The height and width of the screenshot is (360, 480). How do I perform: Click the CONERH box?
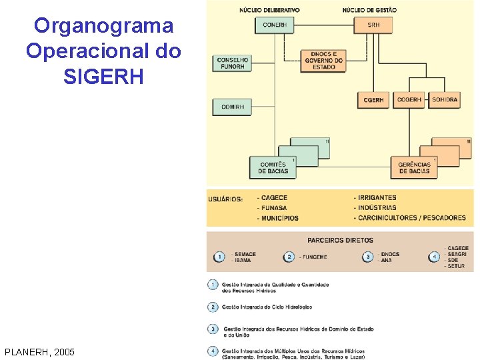pyautogui.click(x=274, y=25)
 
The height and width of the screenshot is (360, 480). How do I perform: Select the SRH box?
pyautogui.click(x=373, y=25)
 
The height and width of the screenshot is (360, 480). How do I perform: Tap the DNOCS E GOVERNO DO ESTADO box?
pyautogui.click(x=324, y=61)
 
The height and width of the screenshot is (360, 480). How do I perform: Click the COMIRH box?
pyautogui.click(x=232, y=107)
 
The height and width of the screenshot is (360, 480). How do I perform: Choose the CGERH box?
pyautogui.click(x=374, y=100)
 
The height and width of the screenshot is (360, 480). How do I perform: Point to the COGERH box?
pyautogui.click(x=409, y=100)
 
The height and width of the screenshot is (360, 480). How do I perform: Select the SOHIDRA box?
pyautogui.click(x=445, y=100)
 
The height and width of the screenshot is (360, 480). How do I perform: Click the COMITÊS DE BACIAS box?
pyautogui.click(x=274, y=167)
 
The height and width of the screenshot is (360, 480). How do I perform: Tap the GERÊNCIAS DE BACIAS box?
pyautogui.click(x=414, y=167)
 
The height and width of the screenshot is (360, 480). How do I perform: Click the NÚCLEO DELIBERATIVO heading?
pyautogui.click(x=269, y=10)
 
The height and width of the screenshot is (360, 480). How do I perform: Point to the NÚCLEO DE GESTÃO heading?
pyautogui.click(x=369, y=10)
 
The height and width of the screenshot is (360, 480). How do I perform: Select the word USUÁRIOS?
pyautogui.click(x=225, y=199)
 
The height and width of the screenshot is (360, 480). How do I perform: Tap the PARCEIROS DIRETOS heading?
pyautogui.click(x=340, y=240)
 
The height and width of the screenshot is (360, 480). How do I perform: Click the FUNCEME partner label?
pyautogui.click(x=313, y=257)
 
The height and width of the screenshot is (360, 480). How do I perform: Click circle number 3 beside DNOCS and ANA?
pyautogui.click(x=367, y=257)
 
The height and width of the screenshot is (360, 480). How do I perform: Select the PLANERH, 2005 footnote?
pyautogui.click(x=39, y=352)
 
